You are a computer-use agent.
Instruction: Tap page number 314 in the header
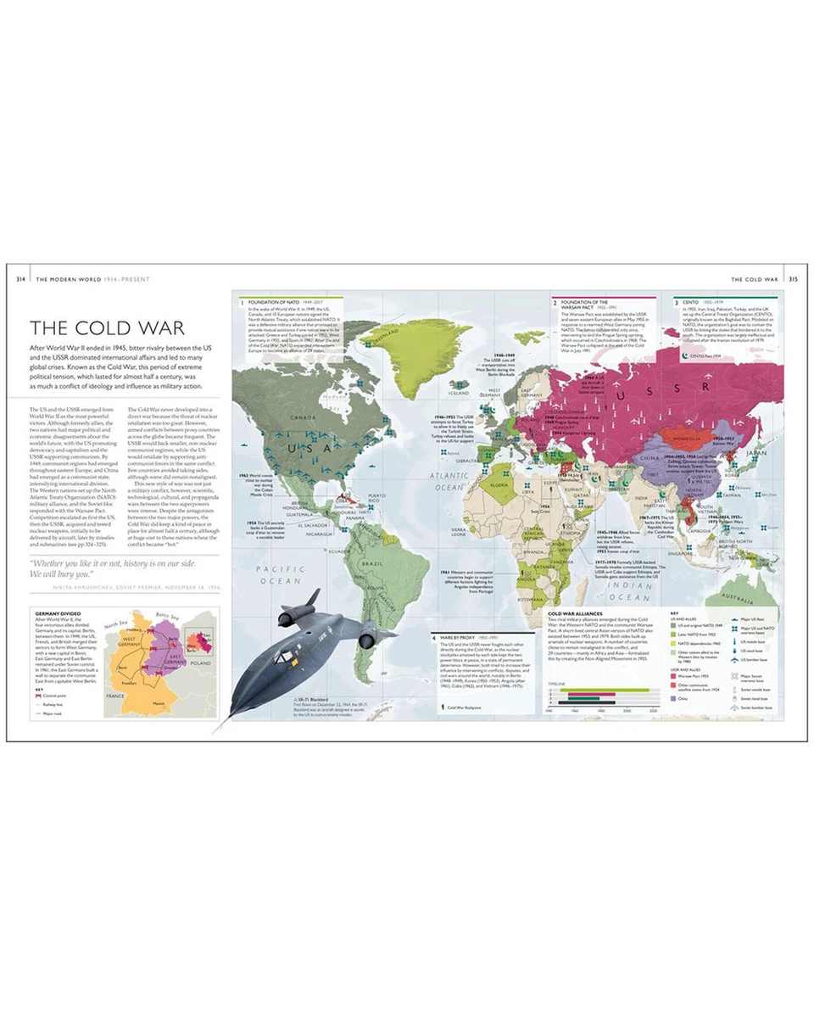(x=20, y=278)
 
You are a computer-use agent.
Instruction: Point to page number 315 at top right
(x=793, y=278)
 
